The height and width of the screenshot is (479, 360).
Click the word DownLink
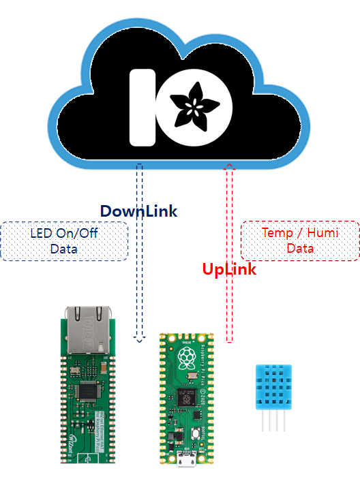(138, 211)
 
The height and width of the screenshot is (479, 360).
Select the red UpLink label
(229, 269)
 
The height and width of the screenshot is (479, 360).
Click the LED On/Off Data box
(63, 241)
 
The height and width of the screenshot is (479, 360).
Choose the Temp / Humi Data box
(300, 241)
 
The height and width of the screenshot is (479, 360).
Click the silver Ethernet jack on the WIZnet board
(86, 327)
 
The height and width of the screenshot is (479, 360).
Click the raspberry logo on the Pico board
(187, 358)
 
